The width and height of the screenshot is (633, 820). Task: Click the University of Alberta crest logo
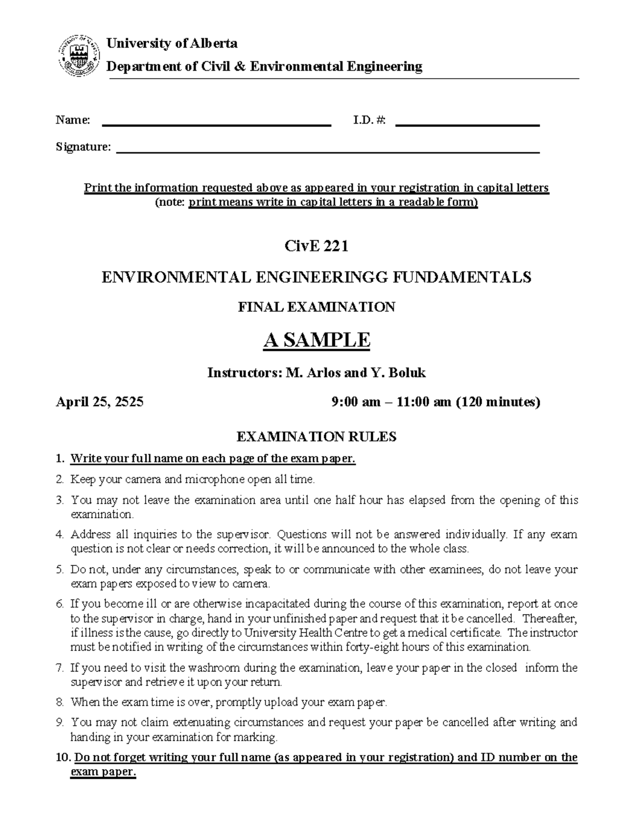pyautogui.click(x=79, y=56)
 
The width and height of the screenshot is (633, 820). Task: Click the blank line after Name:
pyautogui.click(x=216, y=125)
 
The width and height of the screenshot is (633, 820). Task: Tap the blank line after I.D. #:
pyautogui.click(x=467, y=125)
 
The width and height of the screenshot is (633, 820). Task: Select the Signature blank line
pyautogui.click(x=327, y=152)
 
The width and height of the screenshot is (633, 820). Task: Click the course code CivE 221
pyautogui.click(x=316, y=247)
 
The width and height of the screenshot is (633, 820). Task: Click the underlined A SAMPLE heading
pyautogui.click(x=316, y=340)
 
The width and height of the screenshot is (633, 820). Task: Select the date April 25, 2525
pyautogui.click(x=100, y=402)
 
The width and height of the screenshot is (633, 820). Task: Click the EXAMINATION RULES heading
pyautogui.click(x=316, y=437)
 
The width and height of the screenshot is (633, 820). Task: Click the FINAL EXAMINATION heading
pyautogui.click(x=316, y=307)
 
